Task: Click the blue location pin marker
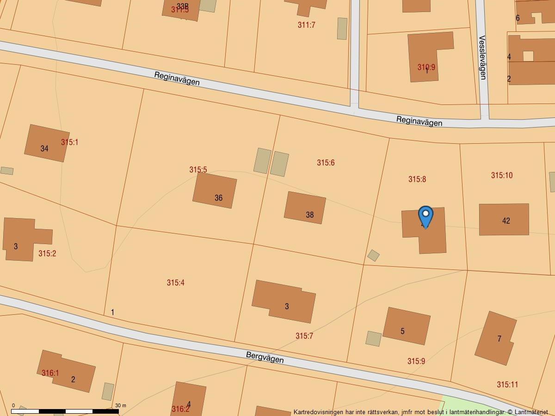click(x=425, y=216)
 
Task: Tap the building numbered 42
click(x=504, y=220)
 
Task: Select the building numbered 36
click(x=215, y=190)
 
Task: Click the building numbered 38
click(x=305, y=208)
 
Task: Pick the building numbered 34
click(x=47, y=143)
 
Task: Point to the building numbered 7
click(x=495, y=338)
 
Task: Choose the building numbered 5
click(x=407, y=326)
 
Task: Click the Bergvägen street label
click(x=265, y=357)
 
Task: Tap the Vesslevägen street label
click(x=482, y=57)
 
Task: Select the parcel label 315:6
click(x=326, y=163)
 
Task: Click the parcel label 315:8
click(x=417, y=179)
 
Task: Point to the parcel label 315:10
click(x=502, y=175)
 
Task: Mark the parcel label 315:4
click(x=176, y=282)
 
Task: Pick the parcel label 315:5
click(x=198, y=170)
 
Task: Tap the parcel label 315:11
click(x=507, y=384)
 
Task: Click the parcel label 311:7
click(x=306, y=25)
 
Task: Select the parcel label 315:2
click(x=47, y=253)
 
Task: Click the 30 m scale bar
click(x=65, y=411)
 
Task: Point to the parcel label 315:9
click(x=416, y=361)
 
